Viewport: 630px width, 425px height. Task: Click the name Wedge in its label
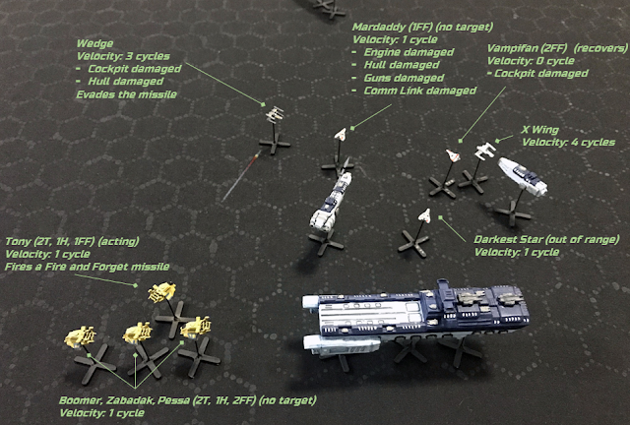[94, 44]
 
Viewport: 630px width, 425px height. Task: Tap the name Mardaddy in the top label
[378, 27]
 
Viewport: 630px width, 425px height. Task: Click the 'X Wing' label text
[540, 130]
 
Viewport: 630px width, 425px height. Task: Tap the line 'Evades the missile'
[127, 94]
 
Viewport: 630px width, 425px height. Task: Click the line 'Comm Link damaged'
[420, 91]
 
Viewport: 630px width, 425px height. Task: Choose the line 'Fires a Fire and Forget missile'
[88, 267]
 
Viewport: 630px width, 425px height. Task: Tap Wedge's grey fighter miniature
[275, 114]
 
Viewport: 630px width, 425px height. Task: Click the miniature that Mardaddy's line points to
[341, 134]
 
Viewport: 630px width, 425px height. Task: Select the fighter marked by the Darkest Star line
[424, 215]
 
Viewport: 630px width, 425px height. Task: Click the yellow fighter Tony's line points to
[161, 291]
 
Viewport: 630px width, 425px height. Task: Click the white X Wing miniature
[484, 152]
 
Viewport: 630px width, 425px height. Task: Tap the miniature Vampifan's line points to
[453, 155]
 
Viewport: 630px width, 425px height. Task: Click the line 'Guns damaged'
[404, 78]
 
